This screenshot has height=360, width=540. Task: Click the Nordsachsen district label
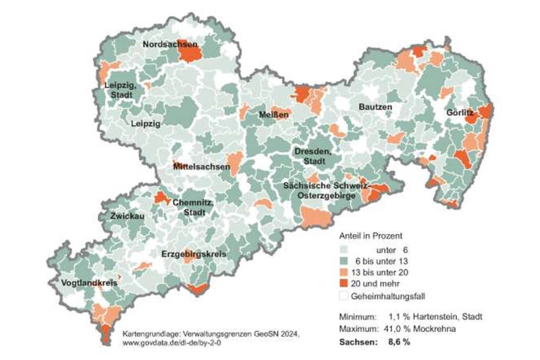169,44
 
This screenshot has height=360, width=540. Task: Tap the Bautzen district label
375,107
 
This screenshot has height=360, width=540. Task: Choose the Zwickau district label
127,216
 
